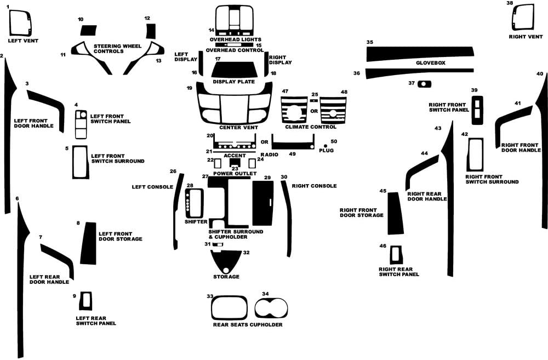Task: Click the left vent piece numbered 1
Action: point(20,23)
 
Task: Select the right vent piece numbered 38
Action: point(523,18)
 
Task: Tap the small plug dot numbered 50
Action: point(326,146)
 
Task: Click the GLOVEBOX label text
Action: point(431,63)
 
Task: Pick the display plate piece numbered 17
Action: point(235,70)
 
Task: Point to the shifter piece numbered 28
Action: point(195,203)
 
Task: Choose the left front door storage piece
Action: point(88,243)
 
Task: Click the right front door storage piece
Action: point(396,213)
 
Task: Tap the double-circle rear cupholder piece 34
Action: point(271,308)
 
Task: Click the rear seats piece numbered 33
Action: point(229,308)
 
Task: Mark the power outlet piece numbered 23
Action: point(235,163)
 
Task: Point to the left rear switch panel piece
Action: point(85,301)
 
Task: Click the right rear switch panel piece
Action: point(396,255)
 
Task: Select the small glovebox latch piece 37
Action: point(424,84)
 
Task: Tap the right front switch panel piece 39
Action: point(477,110)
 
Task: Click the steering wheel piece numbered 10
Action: point(88,30)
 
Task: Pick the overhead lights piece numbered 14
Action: point(235,20)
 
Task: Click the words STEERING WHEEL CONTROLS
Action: point(117,49)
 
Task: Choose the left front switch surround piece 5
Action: point(81,162)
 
